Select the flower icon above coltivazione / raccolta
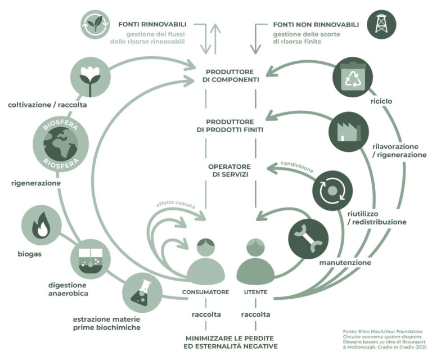(x=89, y=78)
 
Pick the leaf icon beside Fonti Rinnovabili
(x=95, y=24)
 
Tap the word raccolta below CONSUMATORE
(x=205, y=314)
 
